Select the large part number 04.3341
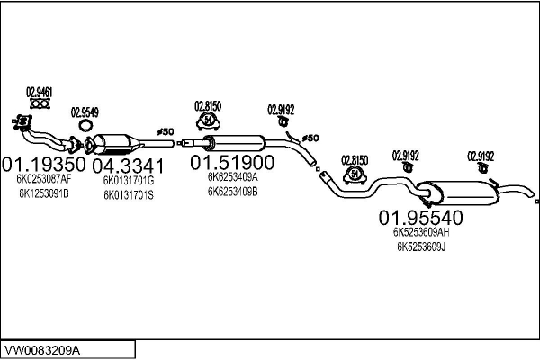[x=129, y=166]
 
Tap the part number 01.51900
[x=231, y=163]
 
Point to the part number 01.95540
[x=420, y=217]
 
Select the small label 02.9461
[x=39, y=91]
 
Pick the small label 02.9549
[x=85, y=112]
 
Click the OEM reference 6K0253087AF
[x=43, y=179]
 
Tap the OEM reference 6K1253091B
[x=42, y=194]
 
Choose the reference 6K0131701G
[x=129, y=180]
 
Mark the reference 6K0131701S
[x=129, y=195]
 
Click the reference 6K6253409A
[x=232, y=177]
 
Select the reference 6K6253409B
[x=232, y=191]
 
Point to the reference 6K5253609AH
[x=421, y=231]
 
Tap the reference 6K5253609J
[x=421, y=246]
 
